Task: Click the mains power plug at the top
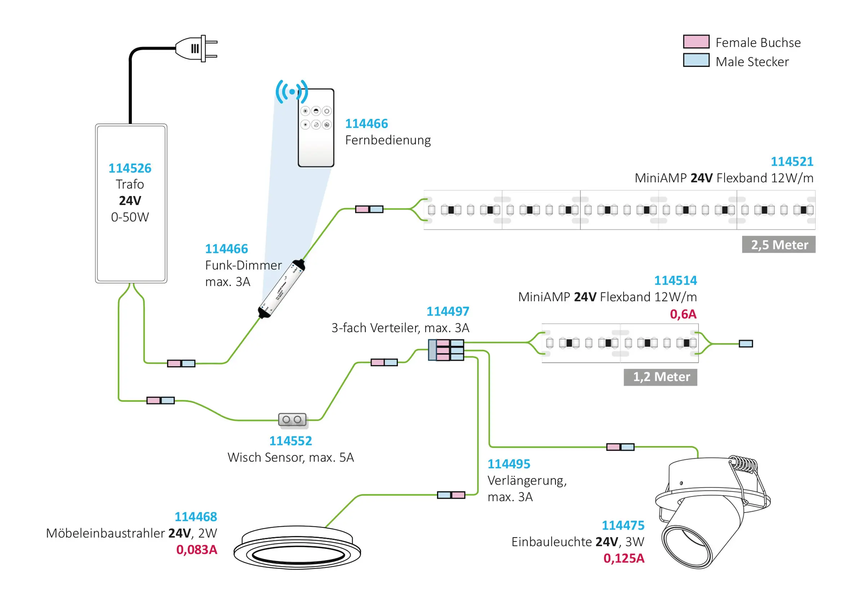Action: point(196,48)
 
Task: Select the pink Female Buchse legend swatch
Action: point(696,41)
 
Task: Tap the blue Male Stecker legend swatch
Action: point(696,60)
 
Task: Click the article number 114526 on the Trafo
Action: point(130,168)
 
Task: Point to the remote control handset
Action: point(316,128)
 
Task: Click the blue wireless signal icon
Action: point(291,91)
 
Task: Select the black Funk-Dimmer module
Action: point(281,289)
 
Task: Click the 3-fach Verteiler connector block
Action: point(446,350)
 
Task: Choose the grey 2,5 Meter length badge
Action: point(779,245)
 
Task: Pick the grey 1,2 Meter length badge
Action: point(660,377)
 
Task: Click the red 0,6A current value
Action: point(683,314)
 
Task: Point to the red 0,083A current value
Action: point(197,549)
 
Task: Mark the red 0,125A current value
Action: point(624,558)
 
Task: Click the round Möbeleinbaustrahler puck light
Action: point(297,548)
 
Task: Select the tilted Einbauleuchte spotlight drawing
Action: point(712,512)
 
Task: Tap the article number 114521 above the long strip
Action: point(792,162)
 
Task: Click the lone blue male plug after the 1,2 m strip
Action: point(746,344)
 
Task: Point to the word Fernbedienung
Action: point(388,140)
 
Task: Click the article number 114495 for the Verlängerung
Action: point(509,464)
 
